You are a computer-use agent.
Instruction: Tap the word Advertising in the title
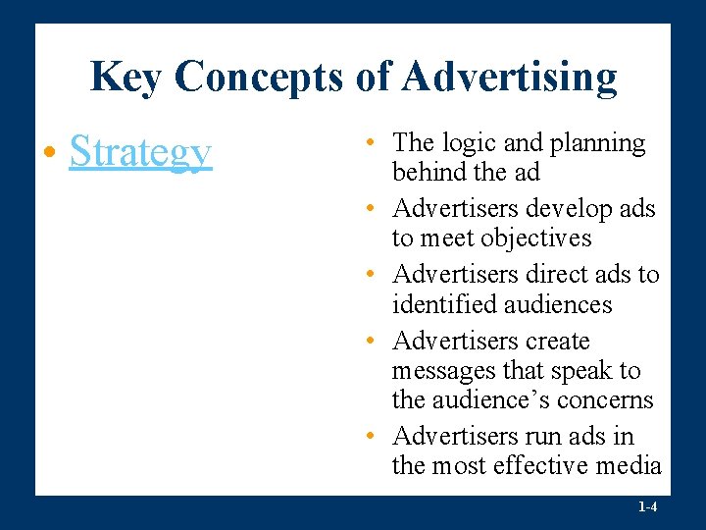[509, 77]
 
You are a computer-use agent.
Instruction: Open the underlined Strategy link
[140, 153]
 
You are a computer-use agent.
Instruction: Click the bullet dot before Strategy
[49, 155]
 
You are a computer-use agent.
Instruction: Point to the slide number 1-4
[647, 507]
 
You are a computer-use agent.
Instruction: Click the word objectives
[537, 238]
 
